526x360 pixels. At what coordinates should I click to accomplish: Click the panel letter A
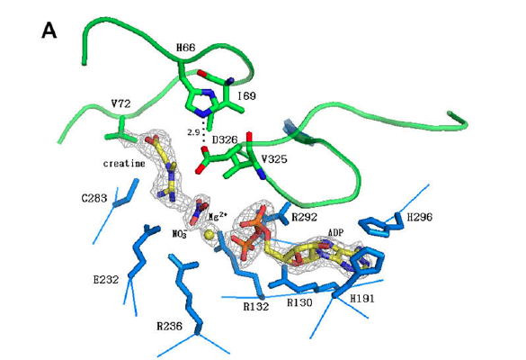coord(49,31)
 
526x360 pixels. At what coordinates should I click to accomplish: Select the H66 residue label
coord(186,48)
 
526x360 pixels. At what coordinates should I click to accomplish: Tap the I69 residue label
coord(247,96)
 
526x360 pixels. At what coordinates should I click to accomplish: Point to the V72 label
coord(120,104)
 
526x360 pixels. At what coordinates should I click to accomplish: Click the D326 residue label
coord(225,139)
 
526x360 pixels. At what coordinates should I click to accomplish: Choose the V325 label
coord(274,159)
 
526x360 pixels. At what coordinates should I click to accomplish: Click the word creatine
coord(124,164)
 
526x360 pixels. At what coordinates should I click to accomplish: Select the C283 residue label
coord(94,199)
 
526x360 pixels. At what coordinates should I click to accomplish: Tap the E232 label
coord(106,279)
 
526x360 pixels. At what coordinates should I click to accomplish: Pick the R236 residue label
coord(170,326)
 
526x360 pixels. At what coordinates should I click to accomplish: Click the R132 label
coord(256,306)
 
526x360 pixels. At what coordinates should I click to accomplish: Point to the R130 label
coord(299,302)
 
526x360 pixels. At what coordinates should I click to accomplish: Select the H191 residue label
coord(362,299)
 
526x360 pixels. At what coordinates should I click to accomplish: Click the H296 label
coord(420,217)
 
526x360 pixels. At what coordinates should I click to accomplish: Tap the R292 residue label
coord(304,217)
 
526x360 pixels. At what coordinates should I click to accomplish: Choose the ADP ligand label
coord(335,232)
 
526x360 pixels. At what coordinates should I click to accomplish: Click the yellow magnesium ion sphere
coord(210,234)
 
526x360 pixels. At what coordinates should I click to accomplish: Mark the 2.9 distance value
coord(193,132)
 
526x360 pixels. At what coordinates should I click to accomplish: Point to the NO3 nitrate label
coord(180,233)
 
